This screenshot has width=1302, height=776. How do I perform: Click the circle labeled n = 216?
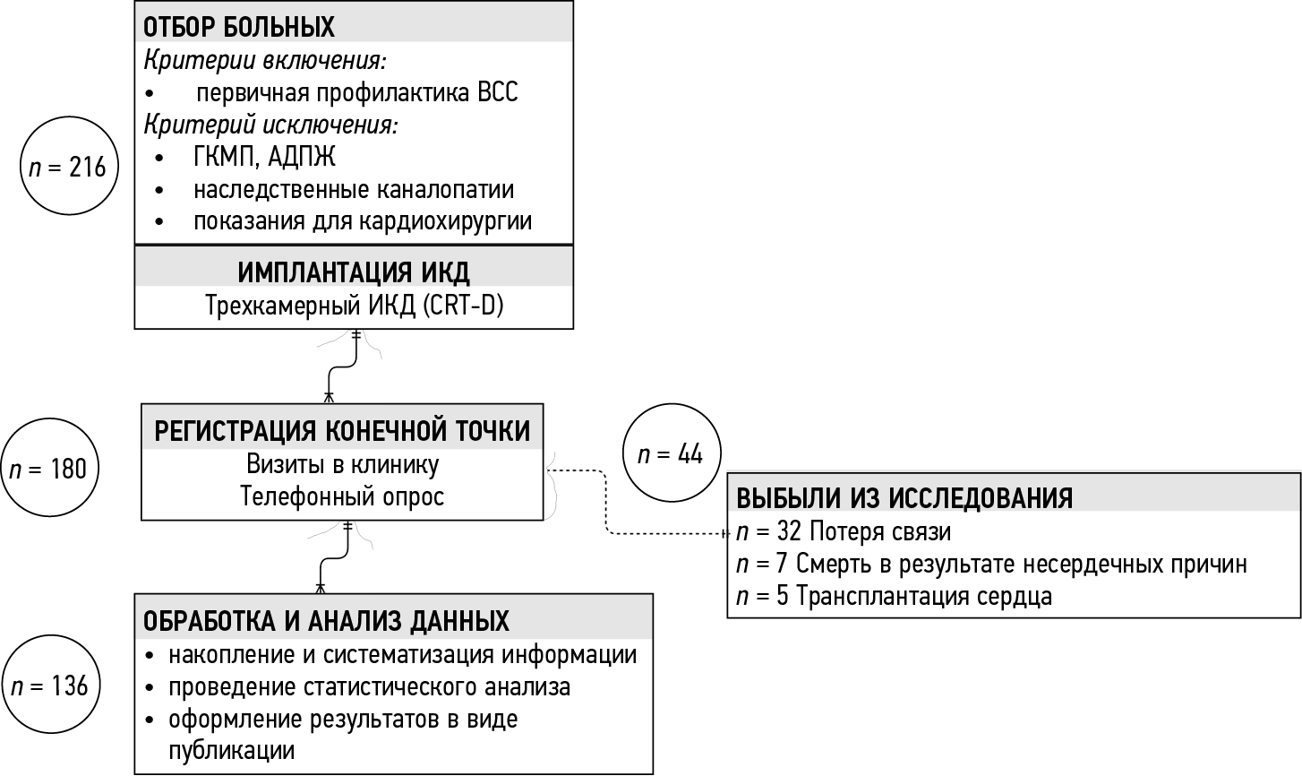pos(69,168)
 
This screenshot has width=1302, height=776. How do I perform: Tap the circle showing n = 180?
pos(50,468)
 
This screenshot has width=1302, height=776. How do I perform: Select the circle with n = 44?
pos(671,454)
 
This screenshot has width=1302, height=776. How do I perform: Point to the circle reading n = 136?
pos(50,686)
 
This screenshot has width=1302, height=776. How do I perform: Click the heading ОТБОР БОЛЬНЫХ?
pos(239,27)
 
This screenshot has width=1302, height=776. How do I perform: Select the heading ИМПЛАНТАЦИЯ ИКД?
pos(354,272)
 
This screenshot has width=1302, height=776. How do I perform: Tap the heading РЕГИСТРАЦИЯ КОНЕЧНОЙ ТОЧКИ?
pos(343,431)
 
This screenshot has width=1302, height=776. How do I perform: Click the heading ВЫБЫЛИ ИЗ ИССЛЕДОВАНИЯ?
pos(904,497)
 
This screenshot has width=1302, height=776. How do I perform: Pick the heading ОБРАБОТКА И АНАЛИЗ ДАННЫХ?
pos(326,620)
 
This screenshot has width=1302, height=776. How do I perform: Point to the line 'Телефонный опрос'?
pos(342,496)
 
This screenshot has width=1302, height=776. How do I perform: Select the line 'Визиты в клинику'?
pos(342,465)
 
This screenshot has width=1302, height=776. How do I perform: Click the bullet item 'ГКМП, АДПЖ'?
pos(264,157)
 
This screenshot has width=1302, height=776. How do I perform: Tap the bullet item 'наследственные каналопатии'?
pos(354,190)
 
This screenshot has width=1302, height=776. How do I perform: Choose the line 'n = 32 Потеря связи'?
pos(843,531)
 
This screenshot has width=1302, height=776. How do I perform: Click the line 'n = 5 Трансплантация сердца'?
pos(894,596)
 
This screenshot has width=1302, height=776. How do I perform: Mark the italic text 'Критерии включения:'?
pos(265,60)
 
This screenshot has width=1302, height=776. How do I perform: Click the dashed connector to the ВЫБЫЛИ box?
pos(608,502)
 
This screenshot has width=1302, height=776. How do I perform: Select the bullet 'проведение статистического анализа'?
pos(369,687)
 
